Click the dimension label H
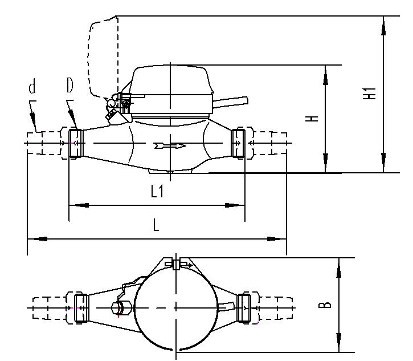point(311,119)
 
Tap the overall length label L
point(156,225)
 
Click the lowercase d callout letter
point(32,87)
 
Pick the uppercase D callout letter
point(69,86)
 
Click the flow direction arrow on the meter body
point(170,147)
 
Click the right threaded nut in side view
point(238,143)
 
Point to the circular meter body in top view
point(177,308)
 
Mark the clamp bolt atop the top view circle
point(177,263)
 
